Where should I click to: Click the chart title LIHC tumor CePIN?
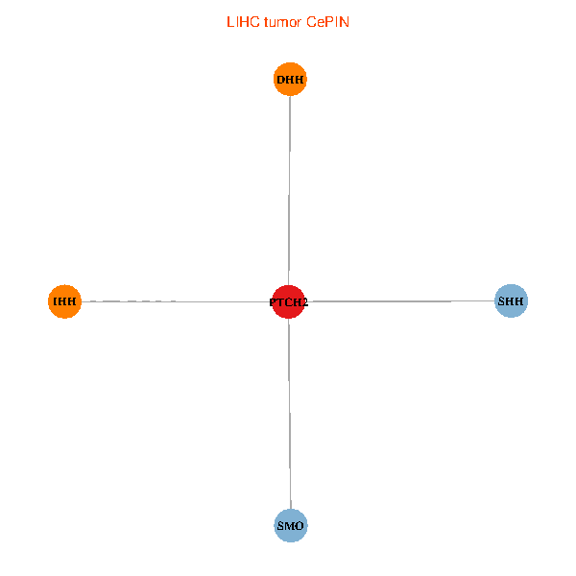(288, 22)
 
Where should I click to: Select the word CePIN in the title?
(327, 22)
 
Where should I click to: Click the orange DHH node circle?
(290, 79)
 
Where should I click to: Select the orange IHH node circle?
(64, 301)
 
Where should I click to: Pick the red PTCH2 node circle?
(288, 301)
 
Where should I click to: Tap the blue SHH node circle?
(512, 300)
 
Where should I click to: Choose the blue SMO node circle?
(291, 525)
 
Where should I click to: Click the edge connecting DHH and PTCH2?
(290, 190)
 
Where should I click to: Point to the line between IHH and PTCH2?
(177, 301)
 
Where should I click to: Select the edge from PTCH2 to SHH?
(399, 301)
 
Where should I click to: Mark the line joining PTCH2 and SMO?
(290, 414)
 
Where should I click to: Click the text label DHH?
(290, 80)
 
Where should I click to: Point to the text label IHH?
(64, 301)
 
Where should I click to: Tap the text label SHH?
(511, 301)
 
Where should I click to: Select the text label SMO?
(290, 526)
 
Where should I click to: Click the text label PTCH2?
(289, 302)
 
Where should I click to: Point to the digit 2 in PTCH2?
(305, 302)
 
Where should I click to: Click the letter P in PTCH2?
(273, 302)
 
